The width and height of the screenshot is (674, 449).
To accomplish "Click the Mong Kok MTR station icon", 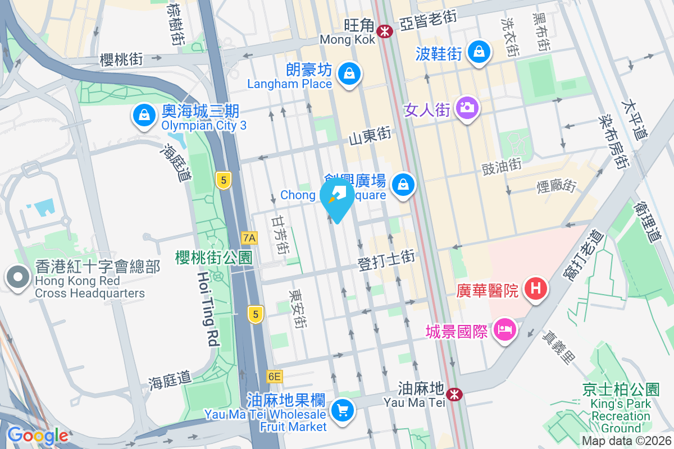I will (x=385, y=31).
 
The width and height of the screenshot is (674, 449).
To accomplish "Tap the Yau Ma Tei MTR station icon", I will (x=454, y=395).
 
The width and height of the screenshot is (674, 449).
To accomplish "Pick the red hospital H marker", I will (x=535, y=289).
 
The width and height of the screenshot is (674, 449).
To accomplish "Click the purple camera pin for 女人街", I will (x=466, y=106).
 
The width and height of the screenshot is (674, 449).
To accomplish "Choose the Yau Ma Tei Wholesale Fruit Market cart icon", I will (x=342, y=411).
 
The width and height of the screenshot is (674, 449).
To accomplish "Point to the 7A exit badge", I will (x=249, y=238).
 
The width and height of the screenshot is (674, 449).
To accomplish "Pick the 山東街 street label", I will (x=369, y=135).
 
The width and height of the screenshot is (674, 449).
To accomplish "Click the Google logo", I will (x=38, y=436).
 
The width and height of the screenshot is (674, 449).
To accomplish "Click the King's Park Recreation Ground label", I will (x=621, y=404).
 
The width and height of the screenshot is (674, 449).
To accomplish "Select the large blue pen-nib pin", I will (x=337, y=196).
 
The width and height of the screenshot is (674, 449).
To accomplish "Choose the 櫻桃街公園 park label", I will (x=213, y=258).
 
